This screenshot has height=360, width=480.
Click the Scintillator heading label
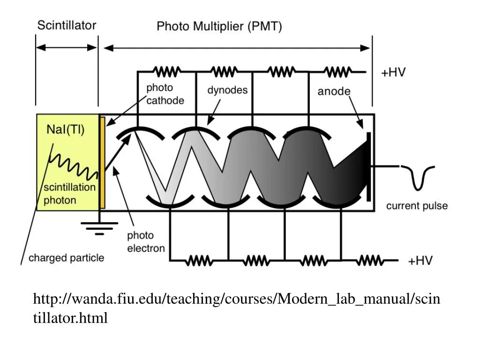click(x=67, y=25)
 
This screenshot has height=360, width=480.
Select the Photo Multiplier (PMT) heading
click(x=219, y=26)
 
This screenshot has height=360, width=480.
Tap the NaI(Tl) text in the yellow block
click(x=66, y=130)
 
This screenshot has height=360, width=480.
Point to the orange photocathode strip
click(x=102, y=162)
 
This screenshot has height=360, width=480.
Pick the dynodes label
click(x=227, y=90)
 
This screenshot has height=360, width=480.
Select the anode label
click(x=334, y=91)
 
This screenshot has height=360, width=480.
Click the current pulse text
click(x=417, y=206)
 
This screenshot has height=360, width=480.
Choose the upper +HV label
click(x=393, y=73)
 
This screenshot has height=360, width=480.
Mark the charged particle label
click(x=67, y=258)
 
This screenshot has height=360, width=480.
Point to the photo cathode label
click(x=165, y=94)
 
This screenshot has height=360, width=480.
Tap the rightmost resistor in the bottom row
click(x=370, y=260)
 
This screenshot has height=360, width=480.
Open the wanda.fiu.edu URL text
click(x=236, y=308)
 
